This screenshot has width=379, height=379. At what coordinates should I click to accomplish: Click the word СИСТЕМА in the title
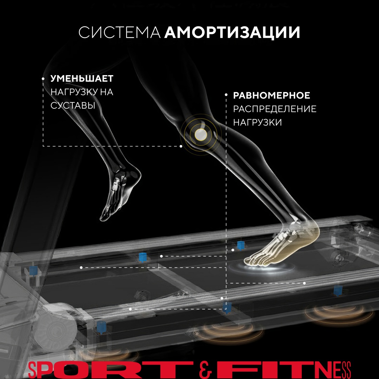(x=119, y=32)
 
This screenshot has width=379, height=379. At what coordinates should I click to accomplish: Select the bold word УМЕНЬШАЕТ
(x=82, y=78)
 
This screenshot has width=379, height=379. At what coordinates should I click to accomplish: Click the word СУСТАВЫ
(x=73, y=105)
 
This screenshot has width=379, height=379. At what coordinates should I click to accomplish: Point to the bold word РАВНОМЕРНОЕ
(x=271, y=95)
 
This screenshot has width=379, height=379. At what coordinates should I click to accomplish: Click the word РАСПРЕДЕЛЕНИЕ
(x=274, y=109)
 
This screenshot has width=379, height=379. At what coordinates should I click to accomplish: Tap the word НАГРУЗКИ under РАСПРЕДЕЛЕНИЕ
(x=258, y=122)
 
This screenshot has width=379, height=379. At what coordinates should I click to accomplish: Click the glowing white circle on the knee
(x=201, y=134)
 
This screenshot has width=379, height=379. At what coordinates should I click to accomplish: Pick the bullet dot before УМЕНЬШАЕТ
(x=43, y=79)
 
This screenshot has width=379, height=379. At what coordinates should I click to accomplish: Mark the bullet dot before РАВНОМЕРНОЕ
(x=226, y=95)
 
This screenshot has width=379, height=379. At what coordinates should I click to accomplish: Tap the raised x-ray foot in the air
(x=121, y=191)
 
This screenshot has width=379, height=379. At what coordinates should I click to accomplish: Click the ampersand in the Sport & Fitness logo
(x=205, y=370)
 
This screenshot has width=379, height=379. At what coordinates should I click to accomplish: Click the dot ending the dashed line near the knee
(x=181, y=146)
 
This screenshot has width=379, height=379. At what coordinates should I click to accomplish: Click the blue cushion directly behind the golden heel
(x=240, y=245)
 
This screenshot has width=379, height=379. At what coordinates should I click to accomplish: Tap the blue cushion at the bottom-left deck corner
(x=101, y=327)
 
